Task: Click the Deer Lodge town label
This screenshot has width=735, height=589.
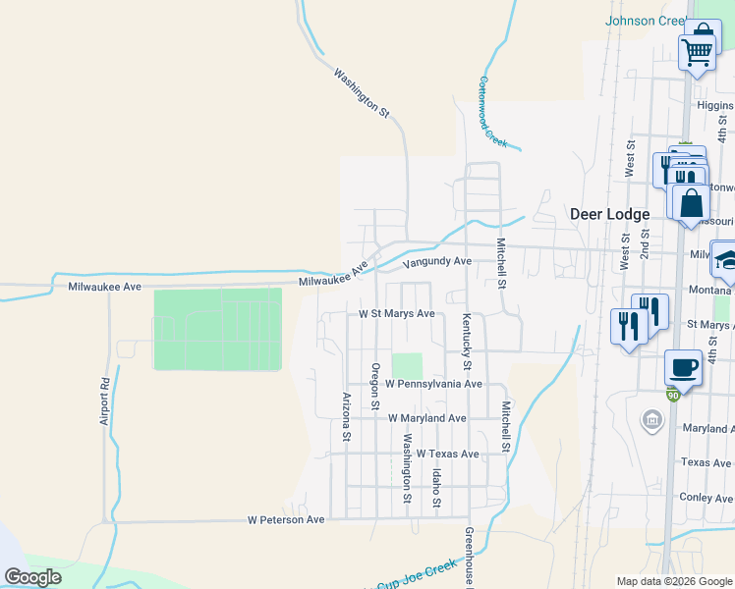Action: click(x=610, y=214)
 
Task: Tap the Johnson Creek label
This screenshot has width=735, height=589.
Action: click(x=646, y=20)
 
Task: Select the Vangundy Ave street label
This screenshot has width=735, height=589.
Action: click(x=437, y=261)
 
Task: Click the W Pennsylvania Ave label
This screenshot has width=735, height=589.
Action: click(x=434, y=384)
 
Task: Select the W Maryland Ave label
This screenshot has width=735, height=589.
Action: click(x=427, y=418)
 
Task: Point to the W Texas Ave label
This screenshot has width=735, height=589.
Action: click(x=447, y=455)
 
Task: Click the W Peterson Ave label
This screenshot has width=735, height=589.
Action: click(x=286, y=519)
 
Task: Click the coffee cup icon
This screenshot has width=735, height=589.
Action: click(x=683, y=368)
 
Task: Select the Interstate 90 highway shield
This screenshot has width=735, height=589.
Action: click(x=672, y=395)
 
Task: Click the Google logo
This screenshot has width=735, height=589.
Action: click(x=32, y=577)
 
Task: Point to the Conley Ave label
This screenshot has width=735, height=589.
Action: click(x=707, y=498)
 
